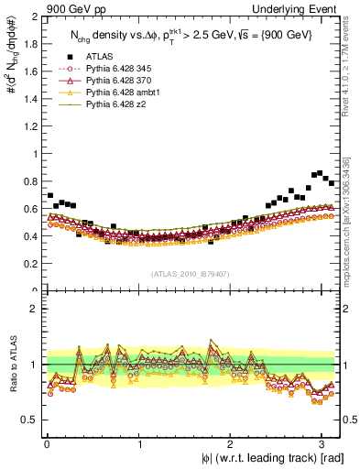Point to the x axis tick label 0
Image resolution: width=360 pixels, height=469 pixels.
tap(46, 443)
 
